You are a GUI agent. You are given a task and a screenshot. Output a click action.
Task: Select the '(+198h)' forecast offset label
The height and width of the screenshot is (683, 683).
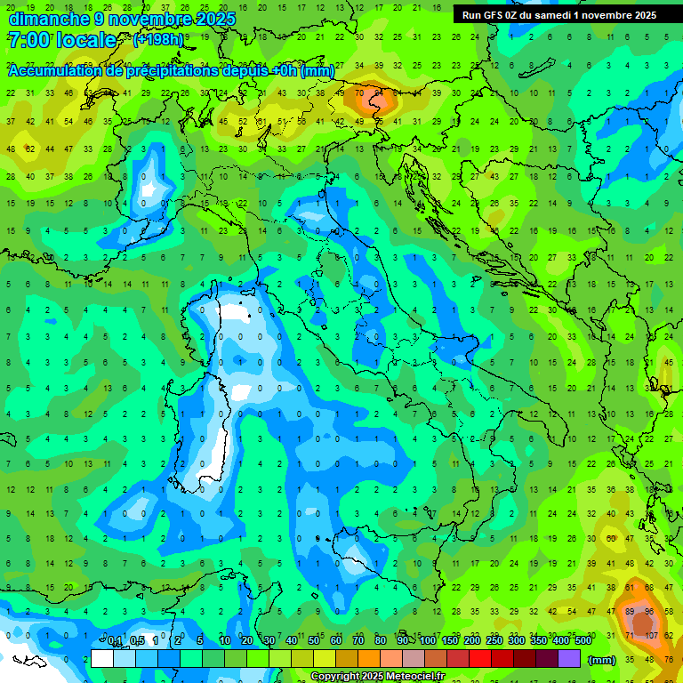[158, 40]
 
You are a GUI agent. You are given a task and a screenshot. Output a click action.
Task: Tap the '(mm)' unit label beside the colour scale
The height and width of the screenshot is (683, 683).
[601, 660]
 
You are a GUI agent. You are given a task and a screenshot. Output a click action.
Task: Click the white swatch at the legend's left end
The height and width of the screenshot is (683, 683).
[102, 659]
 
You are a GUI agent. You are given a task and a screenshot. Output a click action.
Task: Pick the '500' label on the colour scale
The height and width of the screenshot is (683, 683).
[583, 641]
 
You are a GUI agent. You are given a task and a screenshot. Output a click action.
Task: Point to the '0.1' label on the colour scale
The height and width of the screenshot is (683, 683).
[115, 641]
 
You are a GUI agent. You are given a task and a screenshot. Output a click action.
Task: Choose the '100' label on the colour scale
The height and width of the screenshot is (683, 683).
[427, 641]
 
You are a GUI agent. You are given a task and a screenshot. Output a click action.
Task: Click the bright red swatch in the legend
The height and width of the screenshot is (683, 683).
[479, 659]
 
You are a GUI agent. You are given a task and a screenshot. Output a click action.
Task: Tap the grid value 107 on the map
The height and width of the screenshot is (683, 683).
[651, 636]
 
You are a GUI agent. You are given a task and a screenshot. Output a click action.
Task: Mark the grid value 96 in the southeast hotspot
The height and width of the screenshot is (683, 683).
[650, 613]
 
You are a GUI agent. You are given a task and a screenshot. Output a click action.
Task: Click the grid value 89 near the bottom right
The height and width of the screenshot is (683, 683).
[631, 613]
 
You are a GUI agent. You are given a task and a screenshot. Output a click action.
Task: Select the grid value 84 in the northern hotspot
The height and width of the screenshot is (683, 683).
[378, 92]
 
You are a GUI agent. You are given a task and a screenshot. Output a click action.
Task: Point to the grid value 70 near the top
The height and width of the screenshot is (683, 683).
[359, 92]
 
